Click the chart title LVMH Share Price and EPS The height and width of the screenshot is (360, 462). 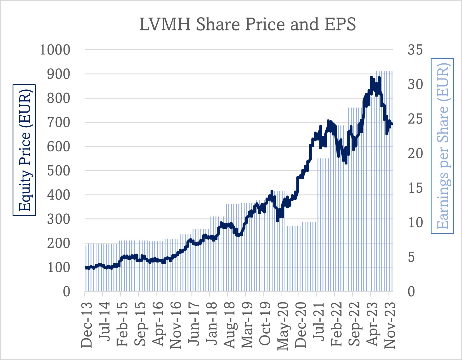click(247, 24)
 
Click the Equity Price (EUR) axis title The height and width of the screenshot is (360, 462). click(24, 150)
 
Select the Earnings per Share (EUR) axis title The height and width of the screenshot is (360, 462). click(442, 146)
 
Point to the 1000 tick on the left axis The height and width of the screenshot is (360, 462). click(55, 50)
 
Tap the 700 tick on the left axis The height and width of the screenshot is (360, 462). click(58, 122)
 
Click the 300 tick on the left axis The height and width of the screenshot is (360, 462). click(58, 219)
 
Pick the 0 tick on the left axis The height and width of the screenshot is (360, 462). click(67, 292)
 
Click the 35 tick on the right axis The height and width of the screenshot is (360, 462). click(415, 50)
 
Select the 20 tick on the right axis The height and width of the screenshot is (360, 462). click(415, 153)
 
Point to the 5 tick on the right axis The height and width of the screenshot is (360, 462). click(411, 257)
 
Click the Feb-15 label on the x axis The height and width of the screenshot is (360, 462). click(122, 324)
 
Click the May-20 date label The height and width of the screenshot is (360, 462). click(283, 326)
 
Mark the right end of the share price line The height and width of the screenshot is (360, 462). click(392, 124)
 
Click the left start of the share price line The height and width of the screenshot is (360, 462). click(86, 268)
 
